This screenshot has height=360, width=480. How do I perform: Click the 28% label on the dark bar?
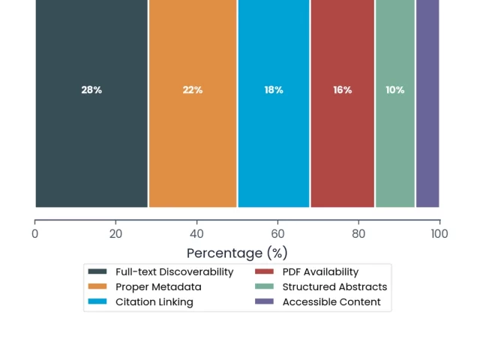[x=91, y=90]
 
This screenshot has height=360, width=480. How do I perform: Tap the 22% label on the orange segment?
[x=193, y=90]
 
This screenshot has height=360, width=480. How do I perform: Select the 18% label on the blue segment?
[x=274, y=90]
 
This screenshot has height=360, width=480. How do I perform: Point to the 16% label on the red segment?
[x=343, y=90]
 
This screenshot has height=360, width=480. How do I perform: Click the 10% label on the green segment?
[x=395, y=90]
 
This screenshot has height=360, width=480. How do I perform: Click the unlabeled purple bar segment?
[x=427, y=103]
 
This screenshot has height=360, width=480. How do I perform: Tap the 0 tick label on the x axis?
[x=35, y=234]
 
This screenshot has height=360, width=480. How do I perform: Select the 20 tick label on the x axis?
[x=115, y=234]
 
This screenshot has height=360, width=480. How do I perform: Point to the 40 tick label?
[x=196, y=234]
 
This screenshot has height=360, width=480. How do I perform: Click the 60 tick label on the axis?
[x=277, y=234]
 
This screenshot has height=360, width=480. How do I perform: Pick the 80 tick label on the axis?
[x=358, y=234]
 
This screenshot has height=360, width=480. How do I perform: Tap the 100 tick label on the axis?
[x=439, y=234]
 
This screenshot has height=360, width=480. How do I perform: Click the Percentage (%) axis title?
[x=237, y=253]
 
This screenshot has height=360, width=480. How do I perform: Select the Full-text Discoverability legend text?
[x=175, y=271]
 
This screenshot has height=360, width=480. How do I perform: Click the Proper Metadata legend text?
[x=158, y=286]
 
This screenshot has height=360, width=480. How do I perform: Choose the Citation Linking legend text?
[x=154, y=302]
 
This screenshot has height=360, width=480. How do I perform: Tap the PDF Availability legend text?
[x=320, y=271]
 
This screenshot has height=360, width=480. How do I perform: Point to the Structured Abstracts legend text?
[x=335, y=286]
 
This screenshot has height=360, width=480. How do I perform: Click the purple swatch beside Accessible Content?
[x=264, y=301]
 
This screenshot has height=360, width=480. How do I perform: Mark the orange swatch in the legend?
[x=97, y=286]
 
